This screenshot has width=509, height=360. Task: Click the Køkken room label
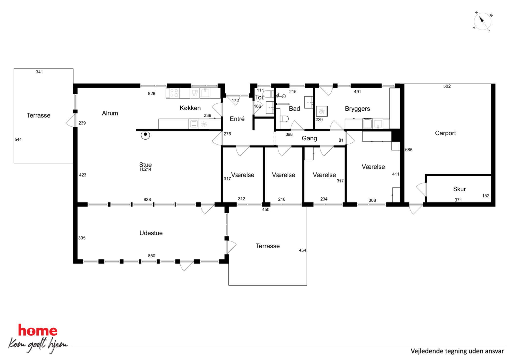click(x=190, y=108)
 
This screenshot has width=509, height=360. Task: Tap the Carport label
click(x=445, y=133)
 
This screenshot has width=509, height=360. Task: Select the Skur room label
click(x=459, y=189)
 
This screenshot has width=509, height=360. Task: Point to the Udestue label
click(x=151, y=233)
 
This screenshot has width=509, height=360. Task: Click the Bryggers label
click(x=357, y=109)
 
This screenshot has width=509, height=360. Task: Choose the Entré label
click(x=237, y=119)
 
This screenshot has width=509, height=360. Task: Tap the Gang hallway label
click(x=309, y=138)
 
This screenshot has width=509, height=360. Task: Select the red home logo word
click(x=38, y=330)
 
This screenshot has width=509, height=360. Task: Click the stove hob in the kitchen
click(x=173, y=93)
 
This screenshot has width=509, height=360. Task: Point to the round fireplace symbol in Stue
click(x=145, y=135)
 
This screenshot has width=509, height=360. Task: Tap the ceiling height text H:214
click(x=145, y=169)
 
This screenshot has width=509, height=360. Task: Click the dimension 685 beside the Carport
click(x=409, y=150)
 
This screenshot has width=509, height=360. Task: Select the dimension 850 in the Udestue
click(x=152, y=256)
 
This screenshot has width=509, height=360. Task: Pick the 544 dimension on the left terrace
click(x=18, y=140)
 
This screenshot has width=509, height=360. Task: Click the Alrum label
click(x=110, y=113)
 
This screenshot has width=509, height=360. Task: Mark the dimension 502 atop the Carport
click(x=447, y=86)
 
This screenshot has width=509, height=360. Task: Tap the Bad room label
click(x=295, y=109)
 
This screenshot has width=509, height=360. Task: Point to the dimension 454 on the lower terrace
click(x=302, y=250)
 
